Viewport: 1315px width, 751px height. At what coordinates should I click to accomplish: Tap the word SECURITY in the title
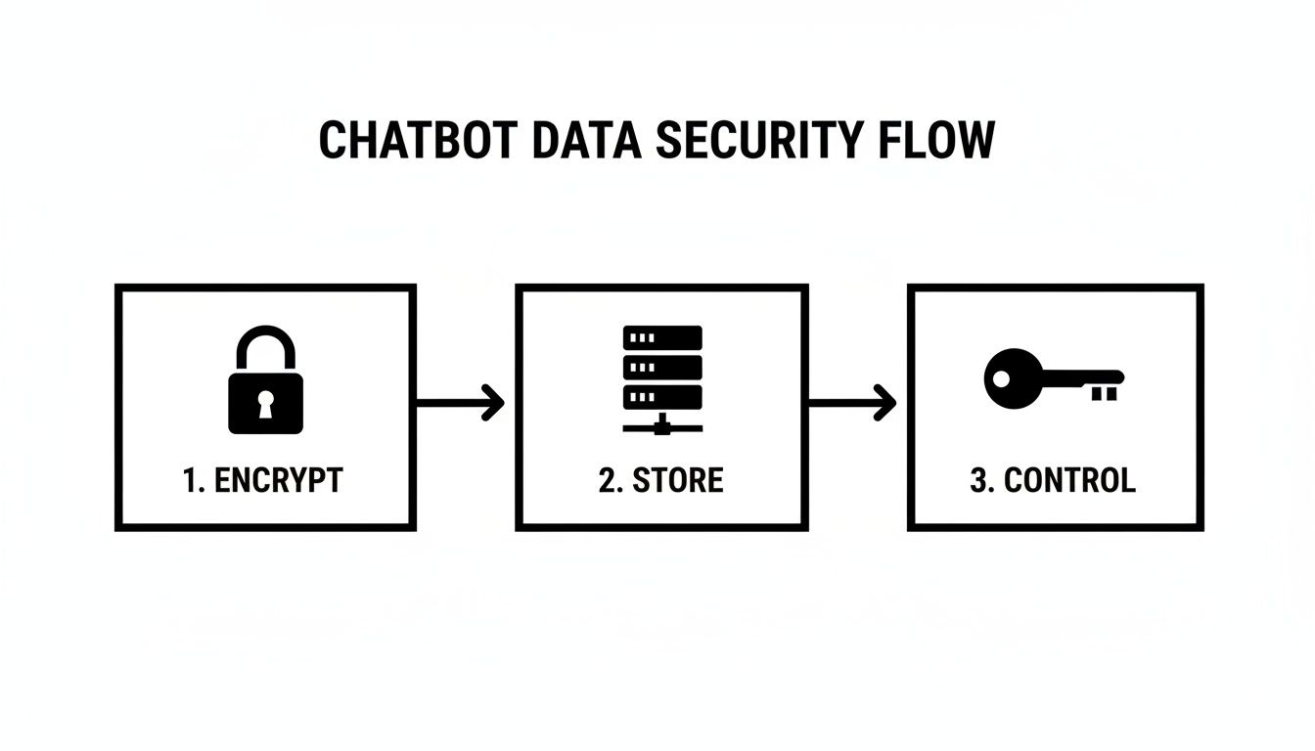click(758, 141)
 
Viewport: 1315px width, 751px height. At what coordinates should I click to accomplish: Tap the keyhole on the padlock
click(265, 404)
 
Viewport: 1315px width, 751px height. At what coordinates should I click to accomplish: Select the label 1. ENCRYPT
click(263, 480)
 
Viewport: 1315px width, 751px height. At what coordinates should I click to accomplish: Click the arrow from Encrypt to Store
click(460, 402)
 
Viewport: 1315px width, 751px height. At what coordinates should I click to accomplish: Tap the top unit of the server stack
click(662, 337)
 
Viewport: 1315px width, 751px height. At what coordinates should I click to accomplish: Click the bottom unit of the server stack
click(662, 397)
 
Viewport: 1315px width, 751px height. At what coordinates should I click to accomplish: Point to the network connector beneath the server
click(662, 424)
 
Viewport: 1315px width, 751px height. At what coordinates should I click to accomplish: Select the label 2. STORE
click(661, 480)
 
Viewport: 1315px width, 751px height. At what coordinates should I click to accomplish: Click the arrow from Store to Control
click(852, 402)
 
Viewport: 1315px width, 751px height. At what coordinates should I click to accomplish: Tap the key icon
click(1054, 379)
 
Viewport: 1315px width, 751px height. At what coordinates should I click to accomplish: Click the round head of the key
click(1009, 378)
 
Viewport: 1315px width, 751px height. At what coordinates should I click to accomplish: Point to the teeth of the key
click(1104, 393)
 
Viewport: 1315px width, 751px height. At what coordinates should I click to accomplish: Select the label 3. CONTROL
click(1053, 480)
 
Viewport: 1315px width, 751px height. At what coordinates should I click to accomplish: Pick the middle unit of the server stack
click(662, 368)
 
